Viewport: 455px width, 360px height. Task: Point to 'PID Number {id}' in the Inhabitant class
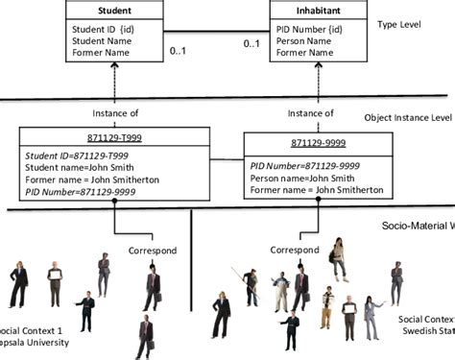(x=309, y=29)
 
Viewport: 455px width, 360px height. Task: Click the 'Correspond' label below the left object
(x=152, y=250)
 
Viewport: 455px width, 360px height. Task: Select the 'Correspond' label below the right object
(x=293, y=250)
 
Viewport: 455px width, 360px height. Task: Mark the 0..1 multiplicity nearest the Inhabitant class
(x=251, y=43)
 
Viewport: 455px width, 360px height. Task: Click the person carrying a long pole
(x=249, y=286)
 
